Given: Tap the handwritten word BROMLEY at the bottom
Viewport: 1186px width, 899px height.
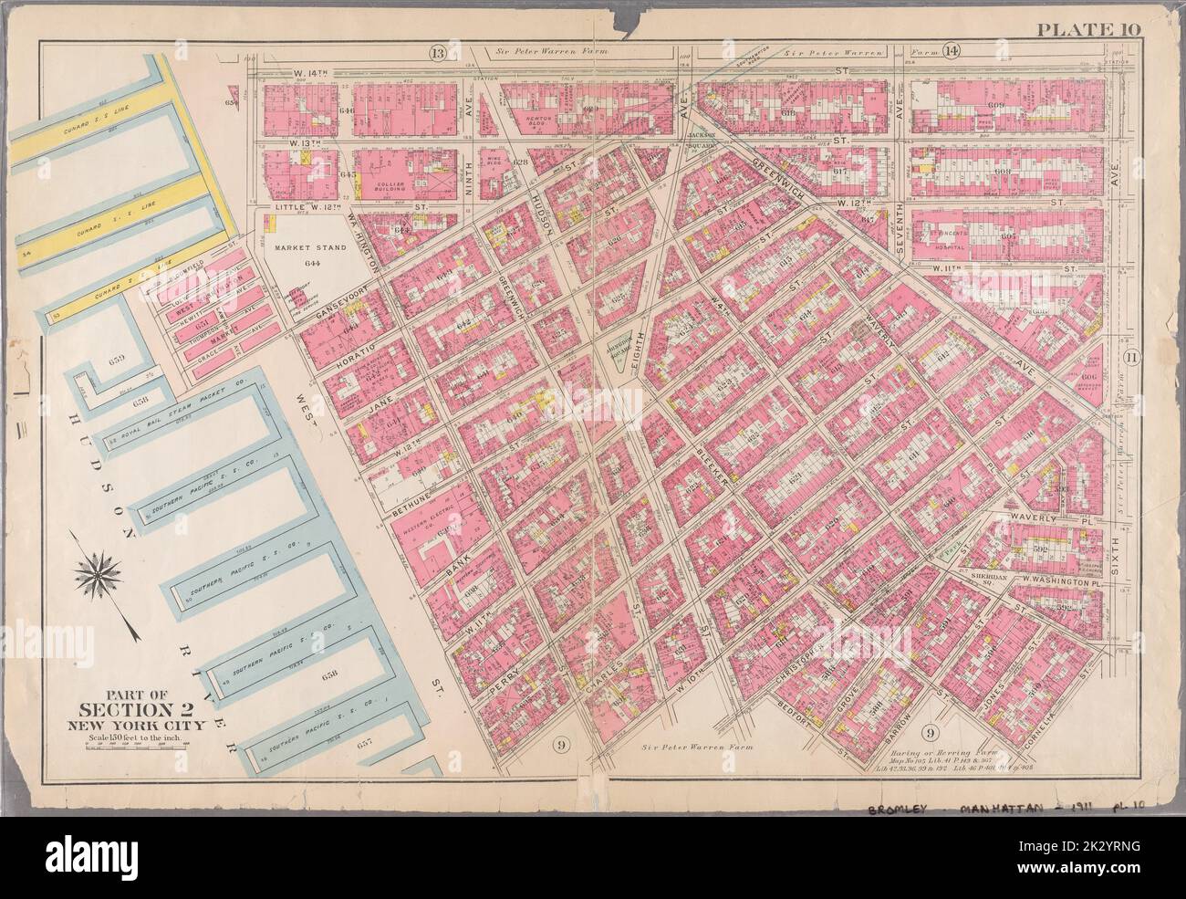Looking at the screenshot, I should (x=898, y=811).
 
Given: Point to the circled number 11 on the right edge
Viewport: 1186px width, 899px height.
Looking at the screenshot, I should (x=1131, y=357).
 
